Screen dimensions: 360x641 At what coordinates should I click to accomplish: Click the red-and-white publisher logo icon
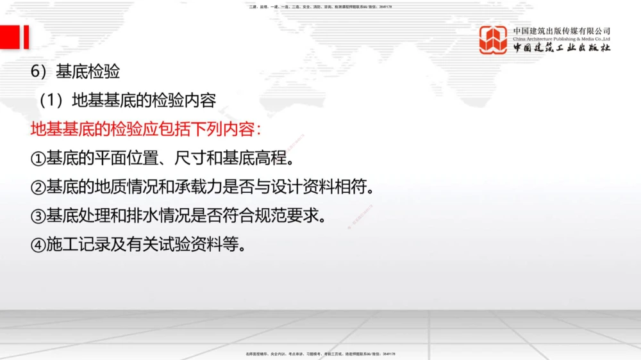(493, 40)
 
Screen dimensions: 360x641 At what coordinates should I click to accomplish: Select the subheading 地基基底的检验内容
(144, 101)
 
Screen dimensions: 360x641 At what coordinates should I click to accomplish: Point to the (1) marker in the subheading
(53, 101)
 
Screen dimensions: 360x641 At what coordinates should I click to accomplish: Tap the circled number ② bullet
(38, 187)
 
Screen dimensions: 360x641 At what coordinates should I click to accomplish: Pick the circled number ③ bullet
(38, 216)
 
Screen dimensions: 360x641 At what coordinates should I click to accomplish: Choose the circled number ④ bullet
(38, 245)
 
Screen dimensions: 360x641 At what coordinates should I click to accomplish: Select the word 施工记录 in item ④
(76, 245)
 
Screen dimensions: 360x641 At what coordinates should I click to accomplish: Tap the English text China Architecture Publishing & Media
(562, 38)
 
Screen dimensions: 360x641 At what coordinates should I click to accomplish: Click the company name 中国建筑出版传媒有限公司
(562, 30)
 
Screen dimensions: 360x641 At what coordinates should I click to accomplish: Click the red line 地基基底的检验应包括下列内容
(146, 129)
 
